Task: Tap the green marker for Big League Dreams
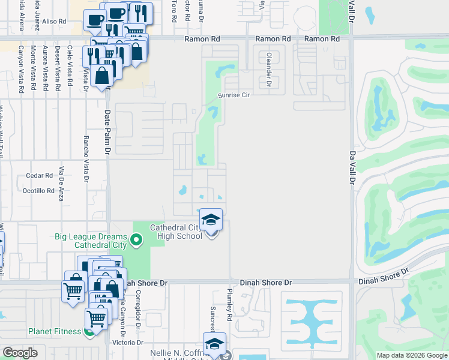(136, 241)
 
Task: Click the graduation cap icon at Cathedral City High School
(211, 220)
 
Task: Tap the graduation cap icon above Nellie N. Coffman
(214, 344)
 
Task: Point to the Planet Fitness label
(55, 331)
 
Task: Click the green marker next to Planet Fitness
(89, 331)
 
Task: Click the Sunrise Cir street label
(233, 95)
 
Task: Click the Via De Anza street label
(61, 182)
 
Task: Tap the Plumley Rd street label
(229, 304)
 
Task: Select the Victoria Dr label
(127, 343)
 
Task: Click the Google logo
(20, 353)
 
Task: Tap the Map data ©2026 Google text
(412, 355)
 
